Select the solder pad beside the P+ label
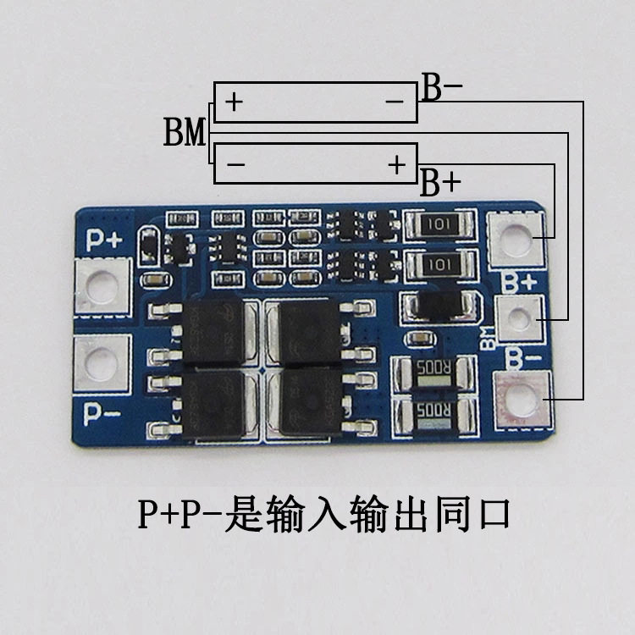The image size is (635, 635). [102, 284]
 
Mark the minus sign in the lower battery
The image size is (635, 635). [235, 164]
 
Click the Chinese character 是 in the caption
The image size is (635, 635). [243, 513]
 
